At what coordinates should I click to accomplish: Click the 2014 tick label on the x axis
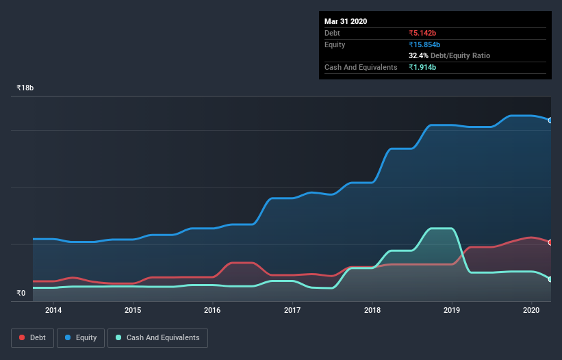tap(53, 310)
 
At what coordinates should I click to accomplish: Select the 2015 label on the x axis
tap(133, 310)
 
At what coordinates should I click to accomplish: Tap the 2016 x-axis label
tap(213, 310)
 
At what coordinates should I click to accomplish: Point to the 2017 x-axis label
tap(292, 310)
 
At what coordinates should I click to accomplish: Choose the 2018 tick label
tap(372, 310)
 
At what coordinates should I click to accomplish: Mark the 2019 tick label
tap(452, 310)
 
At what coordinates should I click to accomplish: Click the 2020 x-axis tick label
tap(532, 310)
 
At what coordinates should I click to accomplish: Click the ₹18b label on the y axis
tap(25, 88)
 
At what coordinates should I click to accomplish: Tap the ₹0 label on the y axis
tap(21, 293)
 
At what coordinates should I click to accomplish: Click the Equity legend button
tap(81, 337)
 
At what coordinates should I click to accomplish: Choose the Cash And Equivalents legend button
tap(157, 337)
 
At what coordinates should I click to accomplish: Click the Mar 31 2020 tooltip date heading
tap(346, 21)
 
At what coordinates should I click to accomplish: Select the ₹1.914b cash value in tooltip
tap(422, 67)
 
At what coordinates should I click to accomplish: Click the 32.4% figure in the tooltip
tap(418, 55)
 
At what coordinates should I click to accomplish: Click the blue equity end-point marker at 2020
tap(550, 120)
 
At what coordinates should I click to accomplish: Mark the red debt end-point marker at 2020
tap(550, 242)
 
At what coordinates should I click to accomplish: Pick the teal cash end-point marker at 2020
tap(550, 279)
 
